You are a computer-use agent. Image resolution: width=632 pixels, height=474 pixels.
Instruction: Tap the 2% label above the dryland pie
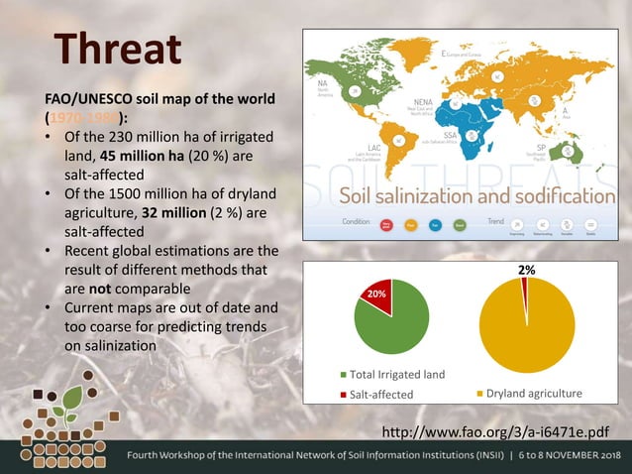[x=527, y=270]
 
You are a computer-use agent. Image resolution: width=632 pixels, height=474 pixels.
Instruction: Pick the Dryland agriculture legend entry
[x=529, y=394]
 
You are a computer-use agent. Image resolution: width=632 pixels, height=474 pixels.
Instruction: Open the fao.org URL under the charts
[x=493, y=432]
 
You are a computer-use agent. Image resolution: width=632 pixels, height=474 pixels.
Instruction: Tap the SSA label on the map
[x=450, y=132]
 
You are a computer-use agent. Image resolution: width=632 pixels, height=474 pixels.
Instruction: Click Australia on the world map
[x=572, y=151]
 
